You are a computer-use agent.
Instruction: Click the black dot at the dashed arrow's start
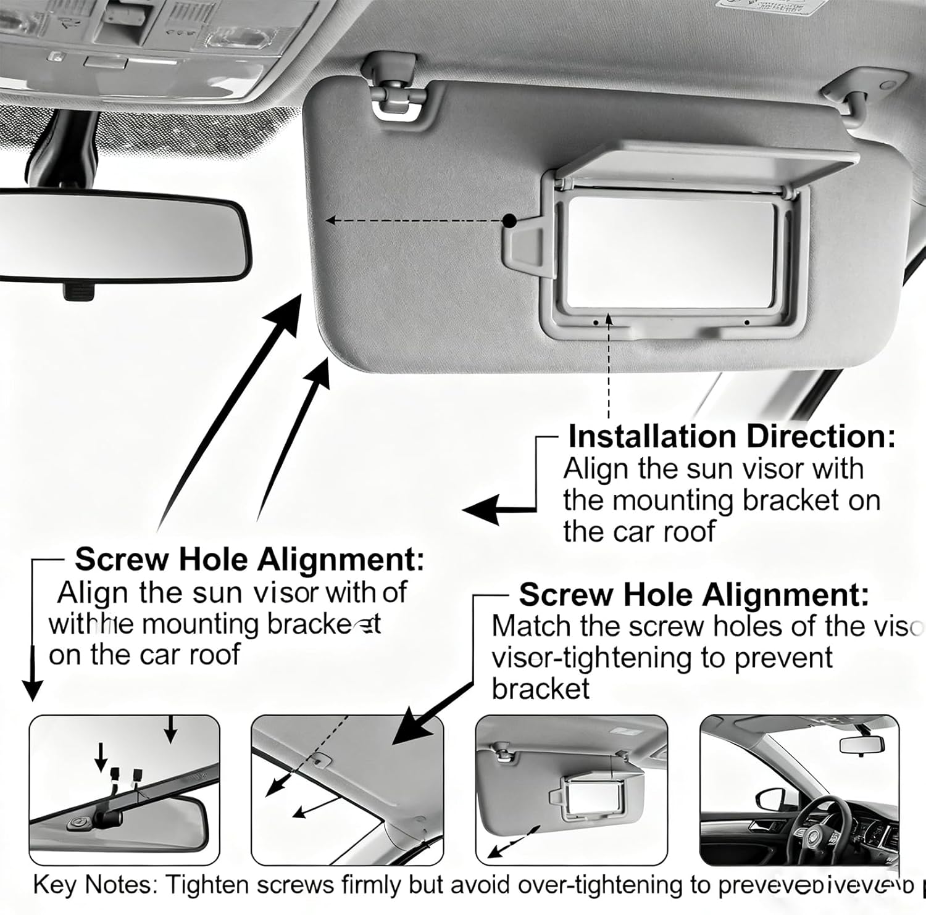[x=509, y=220]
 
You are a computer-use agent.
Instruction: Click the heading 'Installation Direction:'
[x=731, y=437]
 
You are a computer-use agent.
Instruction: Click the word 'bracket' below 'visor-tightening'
[x=541, y=689]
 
